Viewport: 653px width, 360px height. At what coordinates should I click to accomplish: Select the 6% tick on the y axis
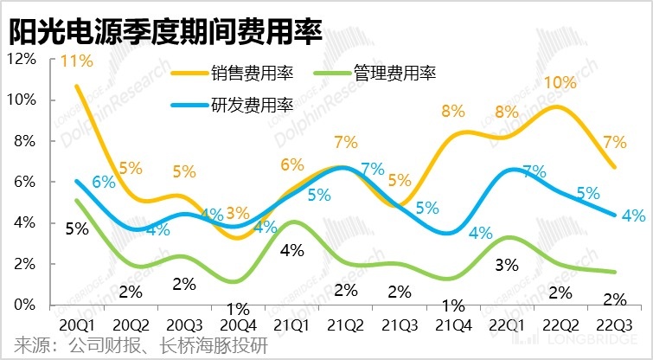(24, 183)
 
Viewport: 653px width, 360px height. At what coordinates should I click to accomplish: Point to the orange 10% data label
(560, 84)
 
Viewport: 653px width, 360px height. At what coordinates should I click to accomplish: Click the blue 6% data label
(104, 183)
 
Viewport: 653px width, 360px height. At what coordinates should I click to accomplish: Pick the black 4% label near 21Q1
(291, 251)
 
